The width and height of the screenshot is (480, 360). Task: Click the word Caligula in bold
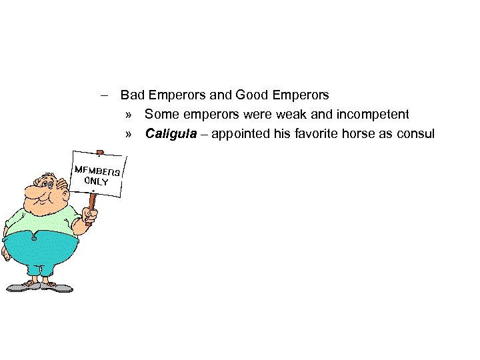[x=171, y=134]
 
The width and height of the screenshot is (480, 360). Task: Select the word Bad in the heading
[x=131, y=95]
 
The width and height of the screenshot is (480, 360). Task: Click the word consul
[x=415, y=134]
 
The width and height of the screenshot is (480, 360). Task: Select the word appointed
[x=241, y=134]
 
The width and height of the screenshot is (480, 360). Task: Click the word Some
[x=160, y=115]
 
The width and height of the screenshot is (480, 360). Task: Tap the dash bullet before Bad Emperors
[x=106, y=95]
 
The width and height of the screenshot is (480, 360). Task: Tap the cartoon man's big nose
[x=33, y=193]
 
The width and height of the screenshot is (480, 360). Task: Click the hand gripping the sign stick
[x=89, y=215]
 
